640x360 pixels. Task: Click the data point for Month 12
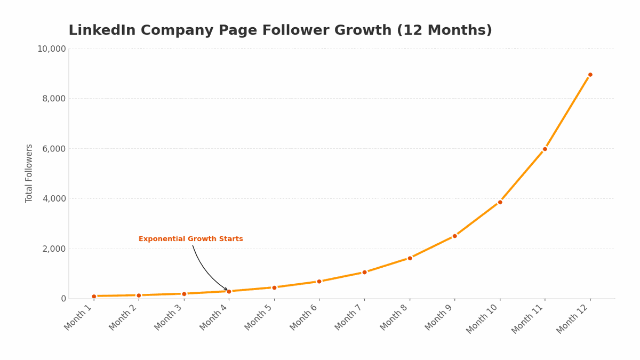tap(590, 75)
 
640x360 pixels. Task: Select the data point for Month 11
tap(545, 149)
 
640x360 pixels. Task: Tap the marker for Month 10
tap(500, 202)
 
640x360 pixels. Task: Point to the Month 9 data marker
tap(454, 236)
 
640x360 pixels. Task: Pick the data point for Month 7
tap(364, 272)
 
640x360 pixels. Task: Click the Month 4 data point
tap(229, 291)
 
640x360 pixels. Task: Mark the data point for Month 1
tap(94, 296)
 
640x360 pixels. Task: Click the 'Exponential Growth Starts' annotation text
tap(190, 239)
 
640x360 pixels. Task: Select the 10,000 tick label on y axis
tap(51, 49)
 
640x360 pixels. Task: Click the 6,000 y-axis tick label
tap(54, 148)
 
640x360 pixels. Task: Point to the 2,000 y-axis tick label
tap(54, 249)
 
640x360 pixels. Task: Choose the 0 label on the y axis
tap(63, 299)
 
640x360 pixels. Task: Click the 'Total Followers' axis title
tap(29, 173)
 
